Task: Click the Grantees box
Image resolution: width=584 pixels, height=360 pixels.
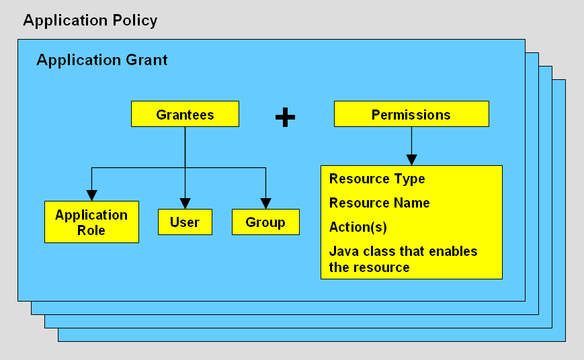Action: click(x=185, y=114)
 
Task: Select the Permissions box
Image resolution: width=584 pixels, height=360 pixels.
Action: click(x=411, y=114)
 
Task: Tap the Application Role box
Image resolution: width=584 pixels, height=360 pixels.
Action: click(x=91, y=222)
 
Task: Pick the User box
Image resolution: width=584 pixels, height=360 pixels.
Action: click(x=185, y=222)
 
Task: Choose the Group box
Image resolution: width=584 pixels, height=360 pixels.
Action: click(x=265, y=222)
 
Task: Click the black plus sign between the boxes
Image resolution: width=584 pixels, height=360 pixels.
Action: click(x=286, y=118)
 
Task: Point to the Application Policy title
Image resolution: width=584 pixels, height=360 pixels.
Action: click(x=90, y=20)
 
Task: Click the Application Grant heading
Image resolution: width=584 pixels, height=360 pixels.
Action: click(x=101, y=60)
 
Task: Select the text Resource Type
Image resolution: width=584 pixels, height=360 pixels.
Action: click(x=377, y=179)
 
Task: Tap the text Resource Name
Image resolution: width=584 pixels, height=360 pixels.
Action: click(x=379, y=203)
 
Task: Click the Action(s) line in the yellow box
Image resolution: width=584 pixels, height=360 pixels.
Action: click(x=358, y=227)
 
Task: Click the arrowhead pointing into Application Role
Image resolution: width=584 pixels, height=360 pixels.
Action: click(x=92, y=195)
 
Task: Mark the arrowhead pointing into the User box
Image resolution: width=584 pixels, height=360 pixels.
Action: click(x=185, y=203)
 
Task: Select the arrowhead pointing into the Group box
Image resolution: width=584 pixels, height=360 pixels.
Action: click(x=266, y=203)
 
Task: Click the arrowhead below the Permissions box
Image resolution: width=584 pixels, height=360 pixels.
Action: click(x=411, y=159)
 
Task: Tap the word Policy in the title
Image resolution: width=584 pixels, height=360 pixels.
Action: click(x=133, y=20)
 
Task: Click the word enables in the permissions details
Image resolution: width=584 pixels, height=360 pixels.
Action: click(x=454, y=251)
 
